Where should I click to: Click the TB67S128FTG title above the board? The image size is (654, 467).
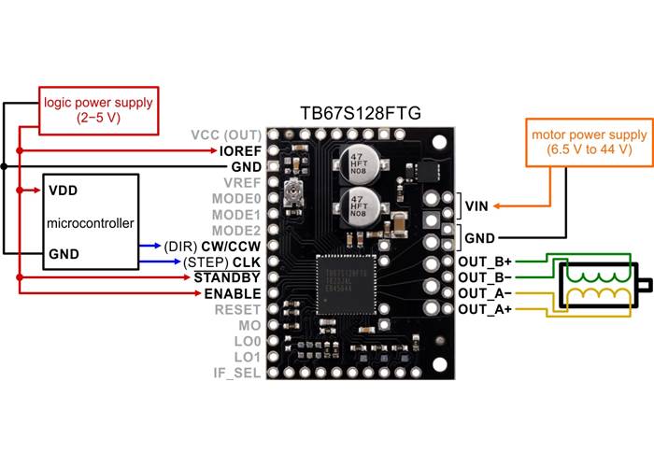(359, 113)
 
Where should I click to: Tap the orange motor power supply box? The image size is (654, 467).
(588, 142)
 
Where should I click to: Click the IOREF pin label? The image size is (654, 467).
(240, 150)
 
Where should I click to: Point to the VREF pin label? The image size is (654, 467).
(239, 183)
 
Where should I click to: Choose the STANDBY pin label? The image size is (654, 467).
(227, 277)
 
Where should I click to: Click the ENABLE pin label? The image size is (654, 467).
(230, 293)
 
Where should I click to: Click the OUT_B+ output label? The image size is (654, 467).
(485, 262)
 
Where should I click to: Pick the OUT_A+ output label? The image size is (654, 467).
(485, 308)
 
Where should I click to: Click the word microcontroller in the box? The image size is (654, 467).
(90, 223)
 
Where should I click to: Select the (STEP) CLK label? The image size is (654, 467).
(222, 262)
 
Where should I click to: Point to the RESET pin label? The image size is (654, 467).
(238, 309)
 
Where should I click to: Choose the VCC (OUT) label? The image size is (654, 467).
(226, 134)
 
